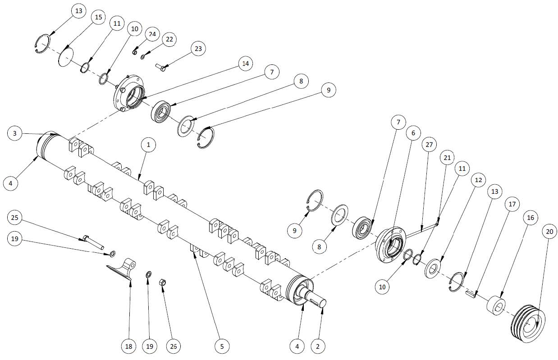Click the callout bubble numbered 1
[148, 145]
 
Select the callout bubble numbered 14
[245, 64]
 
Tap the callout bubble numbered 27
[429, 145]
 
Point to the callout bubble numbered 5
[222, 346]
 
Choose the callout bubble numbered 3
[15, 133]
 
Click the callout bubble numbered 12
[478, 180]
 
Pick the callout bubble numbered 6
[413, 133]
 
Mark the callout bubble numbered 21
[447, 158]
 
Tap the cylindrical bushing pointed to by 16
[496, 305]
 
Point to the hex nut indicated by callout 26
[162, 283]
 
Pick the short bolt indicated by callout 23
[161, 67]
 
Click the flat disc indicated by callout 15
[66, 57]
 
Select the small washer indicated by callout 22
[143, 57]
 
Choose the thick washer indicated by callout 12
[432, 269]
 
